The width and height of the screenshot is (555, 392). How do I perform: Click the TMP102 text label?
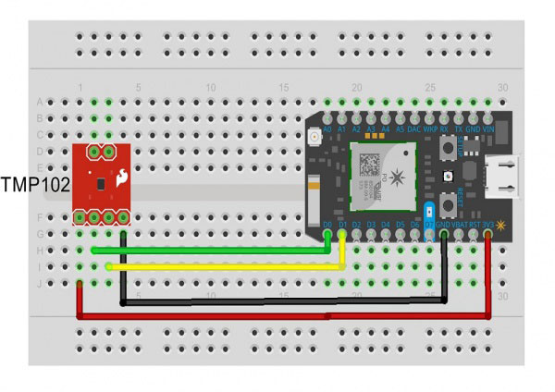(x=36, y=182)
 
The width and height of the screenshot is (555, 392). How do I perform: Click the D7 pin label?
(x=428, y=225)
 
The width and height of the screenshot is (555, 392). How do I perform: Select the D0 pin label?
(x=327, y=225)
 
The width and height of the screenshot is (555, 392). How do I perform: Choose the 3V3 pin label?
(x=487, y=225)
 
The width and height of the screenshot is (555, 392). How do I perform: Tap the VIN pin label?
(x=487, y=131)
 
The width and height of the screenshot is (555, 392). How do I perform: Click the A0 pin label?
(x=327, y=131)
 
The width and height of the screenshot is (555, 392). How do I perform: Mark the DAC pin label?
(x=413, y=131)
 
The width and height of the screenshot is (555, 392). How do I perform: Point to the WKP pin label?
(x=429, y=131)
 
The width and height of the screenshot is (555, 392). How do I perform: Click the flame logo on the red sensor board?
(x=120, y=178)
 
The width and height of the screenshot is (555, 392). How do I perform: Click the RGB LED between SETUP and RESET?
(x=448, y=177)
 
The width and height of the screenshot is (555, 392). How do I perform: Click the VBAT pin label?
(x=458, y=225)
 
